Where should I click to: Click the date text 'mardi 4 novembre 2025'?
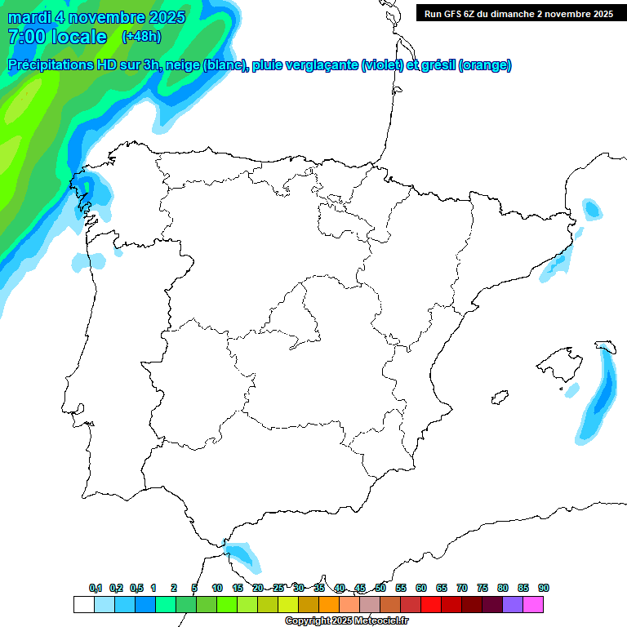pyautogui.click(x=96, y=17)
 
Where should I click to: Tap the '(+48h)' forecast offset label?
pyautogui.click(x=141, y=37)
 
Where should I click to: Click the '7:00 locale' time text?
pyautogui.click(x=57, y=37)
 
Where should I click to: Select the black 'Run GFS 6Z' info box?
pyautogui.click(x=519, y=13)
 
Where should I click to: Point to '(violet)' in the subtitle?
pyautogui.click(x=383, y=65)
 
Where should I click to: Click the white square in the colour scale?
pyautogui.click(x=83, y=604)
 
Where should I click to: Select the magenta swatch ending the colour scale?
pyautogui.click(x=533, y=604)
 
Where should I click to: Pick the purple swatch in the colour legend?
pyautogui.click(x=513, y=604)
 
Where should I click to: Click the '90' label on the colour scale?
pyautogui.click(x=544, y=588)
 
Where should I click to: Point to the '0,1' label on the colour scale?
pyautogui.click(x=96, y=588)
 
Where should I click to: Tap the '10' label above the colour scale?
pyautogui.click(x=217, y=588)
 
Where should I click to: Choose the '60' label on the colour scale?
pyautogui.click(x=421, y=588)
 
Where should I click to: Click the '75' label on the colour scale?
pyautogui.click(x=482, y=588)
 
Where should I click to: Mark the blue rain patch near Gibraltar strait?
pyautogui.click(x=242, y=555)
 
